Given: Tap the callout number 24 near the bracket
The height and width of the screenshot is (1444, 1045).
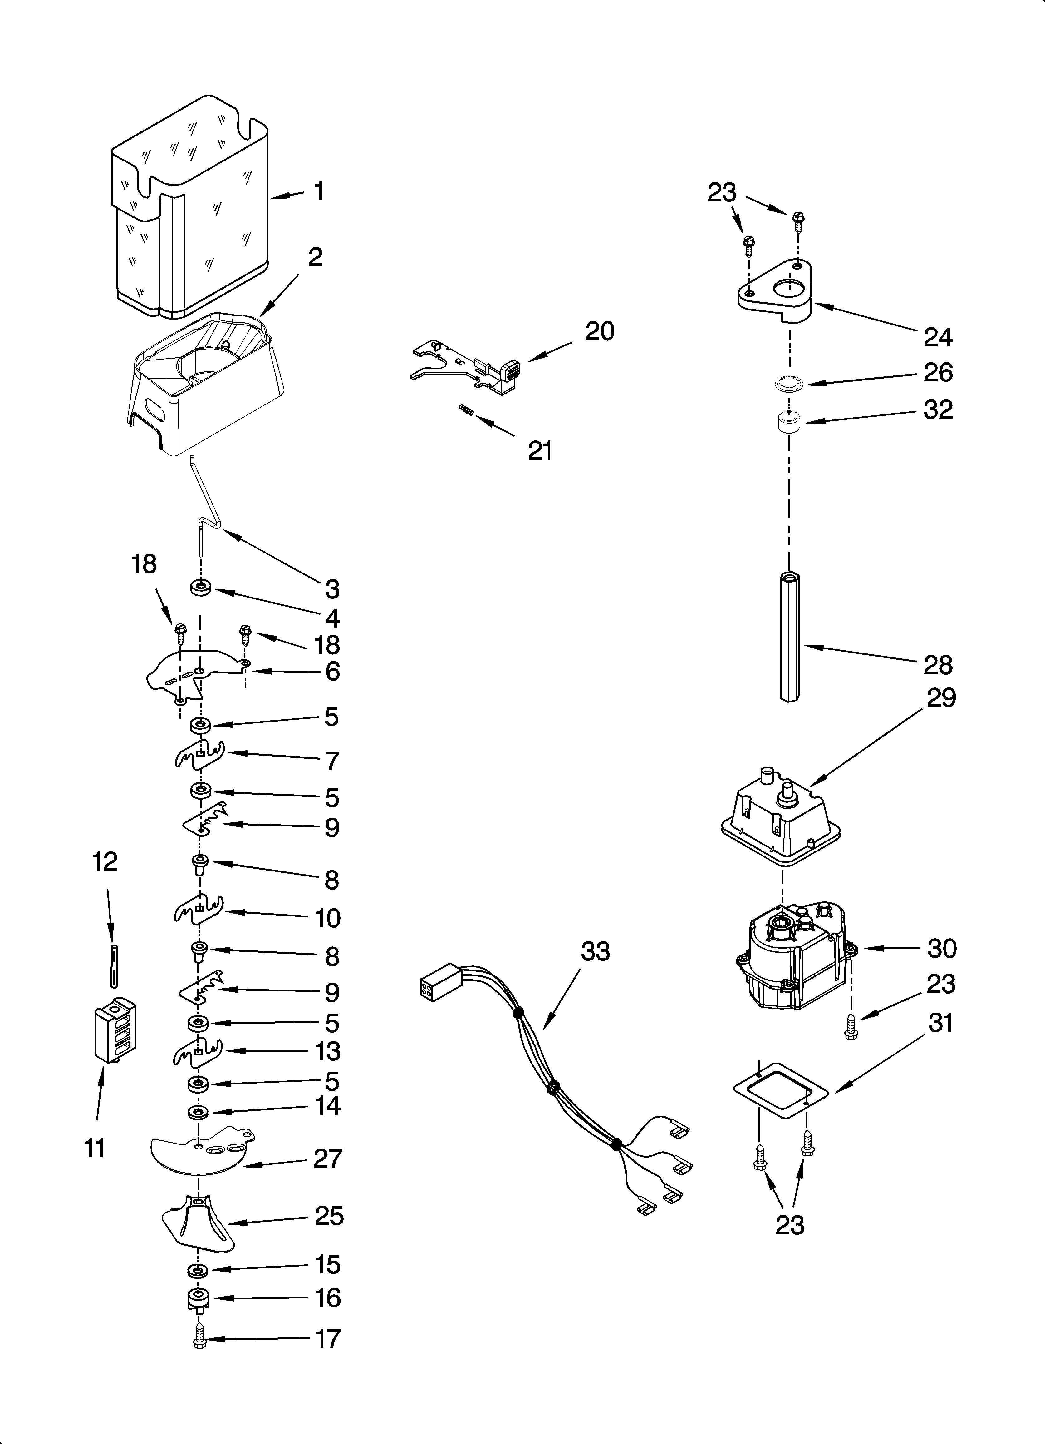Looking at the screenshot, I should coord(937,337).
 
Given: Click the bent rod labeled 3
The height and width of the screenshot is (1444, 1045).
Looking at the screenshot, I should coord(207,509).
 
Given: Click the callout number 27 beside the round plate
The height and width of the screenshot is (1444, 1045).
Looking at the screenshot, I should coord(328,1158).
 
